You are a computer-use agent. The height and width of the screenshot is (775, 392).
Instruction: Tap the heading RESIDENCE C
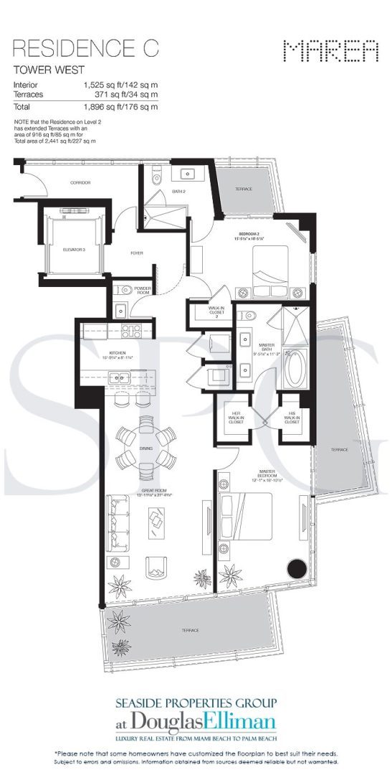pyautogui.click(x=85, y=49)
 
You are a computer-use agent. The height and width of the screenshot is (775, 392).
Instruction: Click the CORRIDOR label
pyautogui.click(x=80, y=183)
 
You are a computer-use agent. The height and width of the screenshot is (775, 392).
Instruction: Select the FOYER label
pyautogui.click(x=136, y=253)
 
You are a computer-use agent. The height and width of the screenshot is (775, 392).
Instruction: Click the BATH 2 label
pyautogui.click(x=179, y=190)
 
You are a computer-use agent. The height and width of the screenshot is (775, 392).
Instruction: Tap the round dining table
pyautogui.click(x=146, y=446)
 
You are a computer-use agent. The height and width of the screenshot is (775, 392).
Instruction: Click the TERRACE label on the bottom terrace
pyautogui.click(x=190, y=630)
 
